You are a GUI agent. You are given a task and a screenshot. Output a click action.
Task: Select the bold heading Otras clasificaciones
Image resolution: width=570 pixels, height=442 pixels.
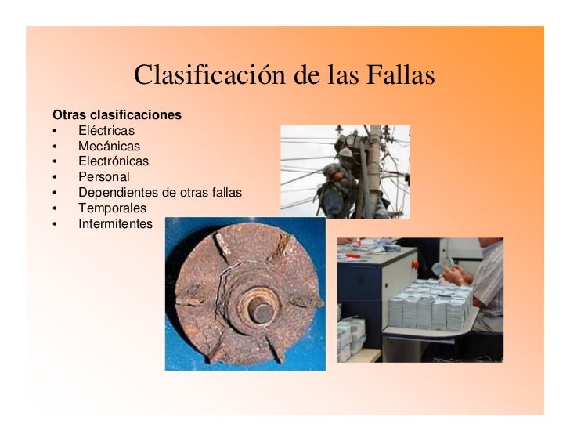[x=117, y=115]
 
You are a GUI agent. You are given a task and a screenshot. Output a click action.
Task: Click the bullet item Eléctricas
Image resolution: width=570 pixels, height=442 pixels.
[x=106, y=131]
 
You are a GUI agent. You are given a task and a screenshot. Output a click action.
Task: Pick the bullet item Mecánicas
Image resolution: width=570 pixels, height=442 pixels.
[x=109, y=147]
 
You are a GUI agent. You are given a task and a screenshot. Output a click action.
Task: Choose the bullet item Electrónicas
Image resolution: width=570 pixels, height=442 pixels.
[x=113, y=161]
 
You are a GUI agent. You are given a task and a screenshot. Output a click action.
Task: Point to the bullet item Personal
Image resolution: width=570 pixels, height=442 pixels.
[x=103, y=177]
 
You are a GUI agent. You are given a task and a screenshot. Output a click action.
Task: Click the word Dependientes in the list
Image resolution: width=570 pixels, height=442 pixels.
[x=116, y=193]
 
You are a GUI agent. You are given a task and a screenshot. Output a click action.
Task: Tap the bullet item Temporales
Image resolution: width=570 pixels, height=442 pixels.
[x=112, y=208]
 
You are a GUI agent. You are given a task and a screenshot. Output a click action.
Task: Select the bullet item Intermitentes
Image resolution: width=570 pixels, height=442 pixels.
[x=115, y=224]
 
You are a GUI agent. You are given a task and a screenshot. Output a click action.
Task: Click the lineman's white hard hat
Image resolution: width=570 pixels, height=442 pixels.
[x=345, y=152]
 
